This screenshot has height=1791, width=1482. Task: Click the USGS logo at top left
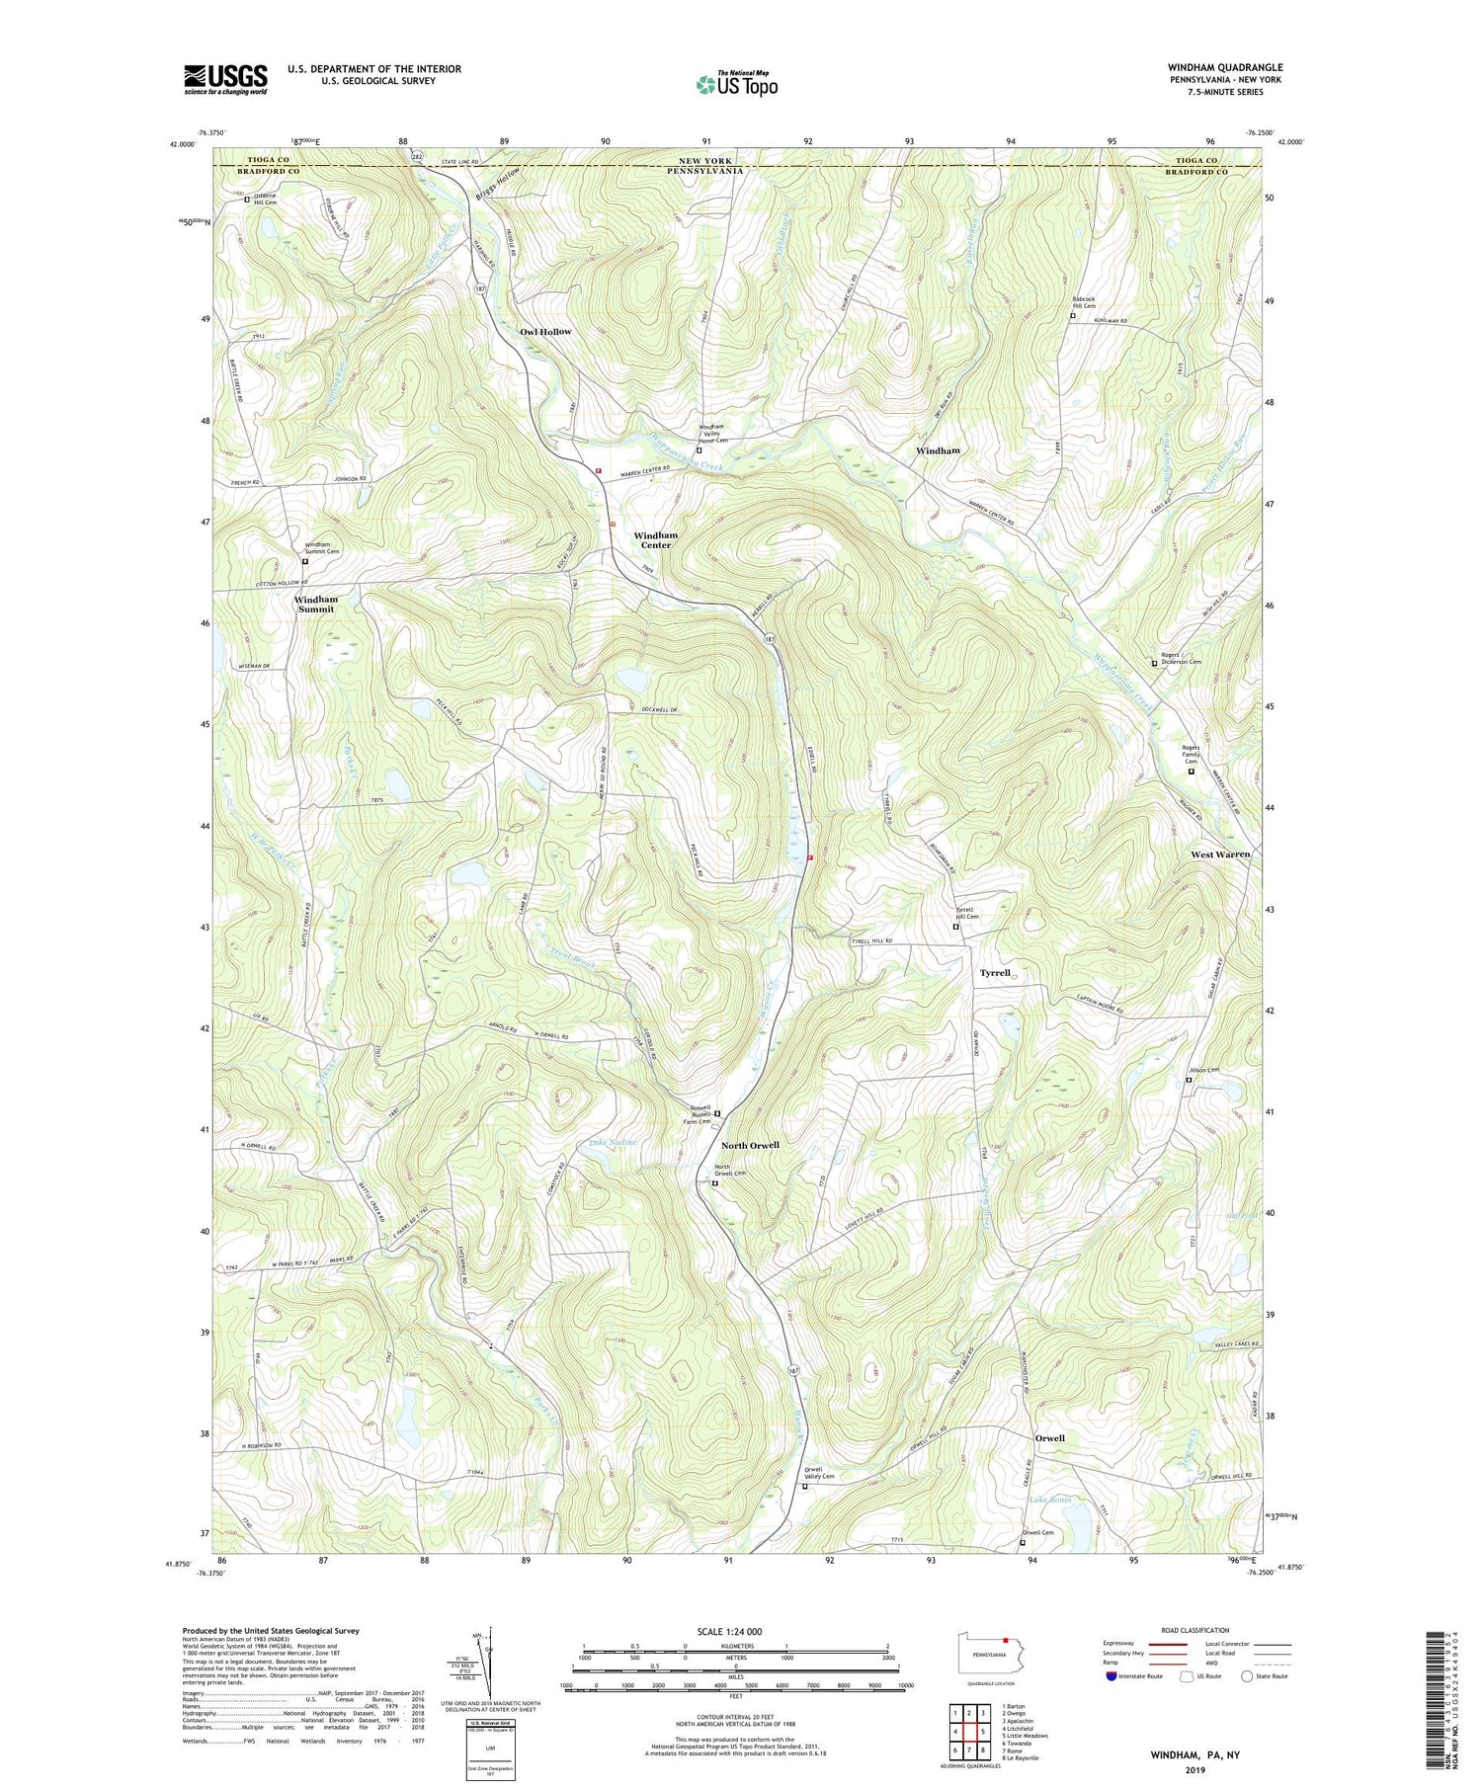pos(225,79)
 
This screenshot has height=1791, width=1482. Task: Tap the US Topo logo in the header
pos(736,84)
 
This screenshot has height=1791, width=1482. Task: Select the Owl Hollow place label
pos(545,332)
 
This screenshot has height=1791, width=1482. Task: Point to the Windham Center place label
pos(655,540)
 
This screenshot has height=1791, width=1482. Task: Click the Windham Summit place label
pos(315,605)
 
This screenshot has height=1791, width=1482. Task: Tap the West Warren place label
pos(1220,854)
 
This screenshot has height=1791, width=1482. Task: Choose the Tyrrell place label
pos(995,973)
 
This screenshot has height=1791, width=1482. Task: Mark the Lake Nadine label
pos(613,1143)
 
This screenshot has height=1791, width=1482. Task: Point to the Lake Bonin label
pos(1050,1500)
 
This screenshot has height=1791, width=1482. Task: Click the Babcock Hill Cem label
pos(1084,301)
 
